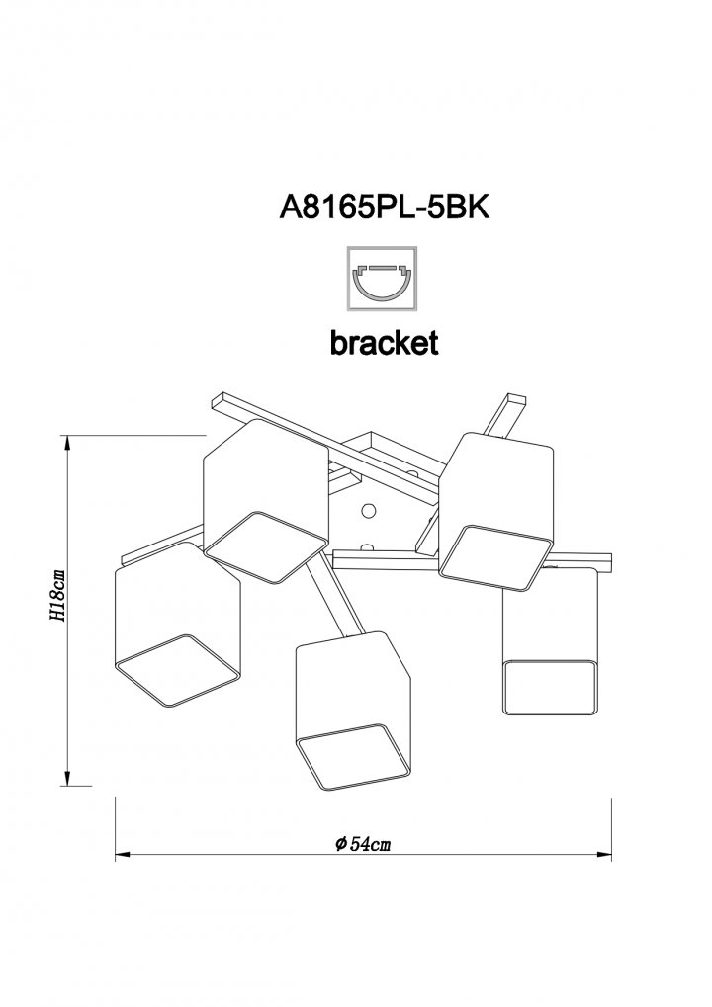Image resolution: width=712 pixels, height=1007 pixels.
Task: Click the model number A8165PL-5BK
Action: (x=385, y=208)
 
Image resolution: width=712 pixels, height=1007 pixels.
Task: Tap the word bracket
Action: (x=385, y=342)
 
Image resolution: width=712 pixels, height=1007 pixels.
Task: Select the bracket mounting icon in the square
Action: (x=382, y=278)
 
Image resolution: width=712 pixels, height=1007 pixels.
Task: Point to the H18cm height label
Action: (x=57, y=595)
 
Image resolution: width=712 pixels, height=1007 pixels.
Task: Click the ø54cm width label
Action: (x=363, y=843)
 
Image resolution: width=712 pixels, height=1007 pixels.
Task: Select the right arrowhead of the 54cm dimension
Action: (x=603, y=855)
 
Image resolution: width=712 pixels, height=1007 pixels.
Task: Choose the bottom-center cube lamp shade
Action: (x=352, y=711)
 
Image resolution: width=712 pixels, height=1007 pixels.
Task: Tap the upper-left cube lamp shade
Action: (x=265, y=501)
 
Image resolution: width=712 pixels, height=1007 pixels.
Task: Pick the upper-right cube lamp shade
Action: (x=495, y=511)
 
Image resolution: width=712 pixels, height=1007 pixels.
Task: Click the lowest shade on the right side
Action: (x=550, y=641)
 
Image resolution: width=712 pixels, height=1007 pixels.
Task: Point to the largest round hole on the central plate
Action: (x=369, y=511)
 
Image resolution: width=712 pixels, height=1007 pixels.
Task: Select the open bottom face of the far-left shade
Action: (x=177, y=671)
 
